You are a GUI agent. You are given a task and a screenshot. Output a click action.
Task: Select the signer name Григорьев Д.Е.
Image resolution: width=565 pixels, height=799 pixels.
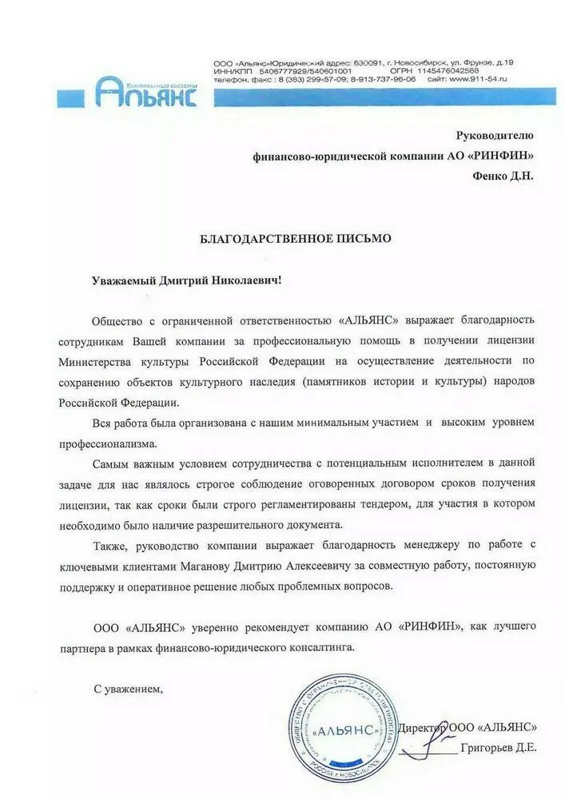(499, 748)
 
